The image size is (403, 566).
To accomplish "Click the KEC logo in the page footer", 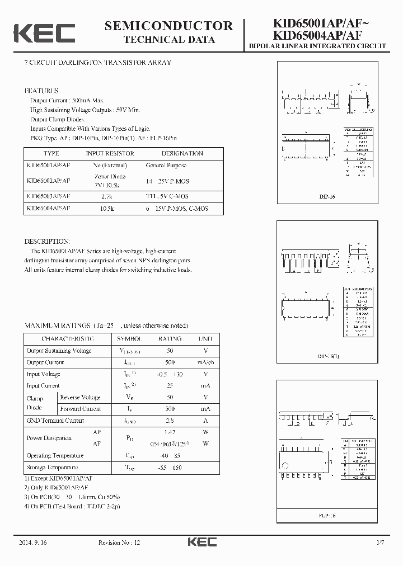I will point(201,543).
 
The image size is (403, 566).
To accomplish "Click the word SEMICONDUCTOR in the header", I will point(168,26).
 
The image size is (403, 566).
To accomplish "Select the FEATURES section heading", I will point(41,91).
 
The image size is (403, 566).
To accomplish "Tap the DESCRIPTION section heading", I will point(47,241).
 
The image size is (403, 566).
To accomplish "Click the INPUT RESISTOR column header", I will point(110,153).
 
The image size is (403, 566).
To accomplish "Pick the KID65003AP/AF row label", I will point(48,196).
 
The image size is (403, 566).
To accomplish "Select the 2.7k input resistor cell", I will point(106,196).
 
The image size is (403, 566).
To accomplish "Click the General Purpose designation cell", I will point(166,166).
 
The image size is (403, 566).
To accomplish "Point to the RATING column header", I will point(170,339).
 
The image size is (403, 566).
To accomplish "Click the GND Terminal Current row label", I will point(55,421).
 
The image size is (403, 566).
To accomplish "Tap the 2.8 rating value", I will point(170,421).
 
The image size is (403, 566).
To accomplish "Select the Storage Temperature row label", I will point(53,468).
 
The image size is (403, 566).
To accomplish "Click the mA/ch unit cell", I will point(205,362).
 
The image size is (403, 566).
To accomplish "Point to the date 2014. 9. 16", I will point(33,543).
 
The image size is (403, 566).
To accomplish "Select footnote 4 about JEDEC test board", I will point(72,506).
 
